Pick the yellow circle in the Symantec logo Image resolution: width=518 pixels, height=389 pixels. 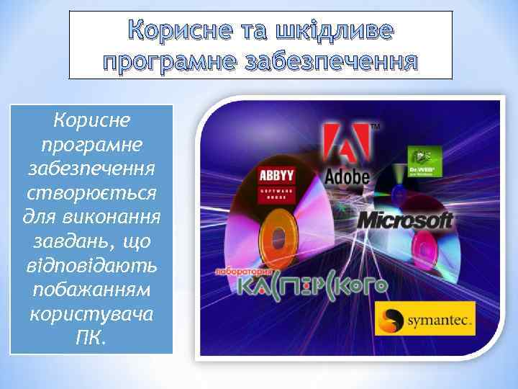pos(393,318)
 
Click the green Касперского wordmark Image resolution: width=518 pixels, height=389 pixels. pos(312,286)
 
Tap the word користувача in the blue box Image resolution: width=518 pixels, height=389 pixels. pos(91,315)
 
